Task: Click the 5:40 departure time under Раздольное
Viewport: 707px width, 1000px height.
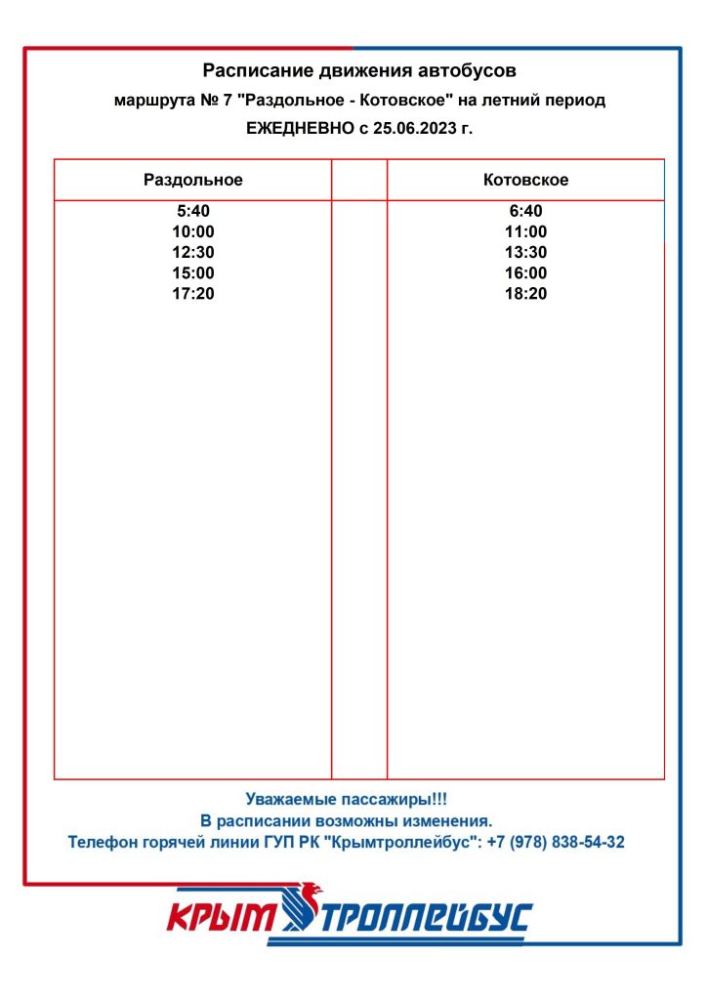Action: coord(193,211)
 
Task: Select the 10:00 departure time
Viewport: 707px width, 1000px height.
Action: coord(193,231)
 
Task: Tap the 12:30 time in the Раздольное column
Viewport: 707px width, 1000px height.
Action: coord(193,252)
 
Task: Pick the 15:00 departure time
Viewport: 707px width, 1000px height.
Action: coord(193,272)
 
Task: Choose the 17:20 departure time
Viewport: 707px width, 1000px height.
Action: coord(193,293)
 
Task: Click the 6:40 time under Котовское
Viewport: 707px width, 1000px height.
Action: coord(525,211)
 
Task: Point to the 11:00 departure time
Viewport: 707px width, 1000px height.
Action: coord(525,231)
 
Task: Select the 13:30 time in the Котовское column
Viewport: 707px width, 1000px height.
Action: coord(525,252)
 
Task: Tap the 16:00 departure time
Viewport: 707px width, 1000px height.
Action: coord(525,272)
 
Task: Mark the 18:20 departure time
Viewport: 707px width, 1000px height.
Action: coord(525,293)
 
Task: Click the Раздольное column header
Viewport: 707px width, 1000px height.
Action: coord(193,180)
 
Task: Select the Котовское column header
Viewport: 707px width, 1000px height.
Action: coord(525,180)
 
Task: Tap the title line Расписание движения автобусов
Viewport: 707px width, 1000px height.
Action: coord(359,70)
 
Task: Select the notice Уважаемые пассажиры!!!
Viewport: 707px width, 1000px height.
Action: coord(346,799)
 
